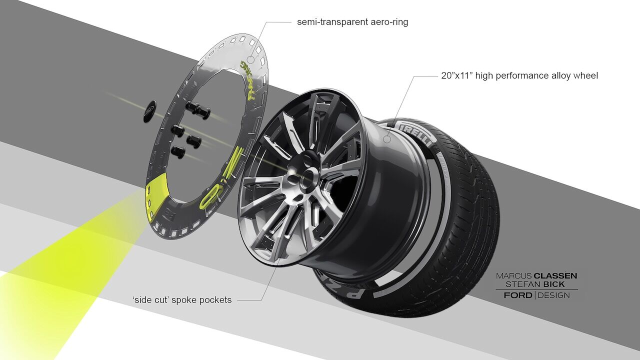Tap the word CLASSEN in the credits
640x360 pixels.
555,275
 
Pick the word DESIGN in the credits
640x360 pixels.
553,295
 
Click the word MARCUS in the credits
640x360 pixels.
513,275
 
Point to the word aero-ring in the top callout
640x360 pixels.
389,22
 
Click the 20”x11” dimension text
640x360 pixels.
457,76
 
